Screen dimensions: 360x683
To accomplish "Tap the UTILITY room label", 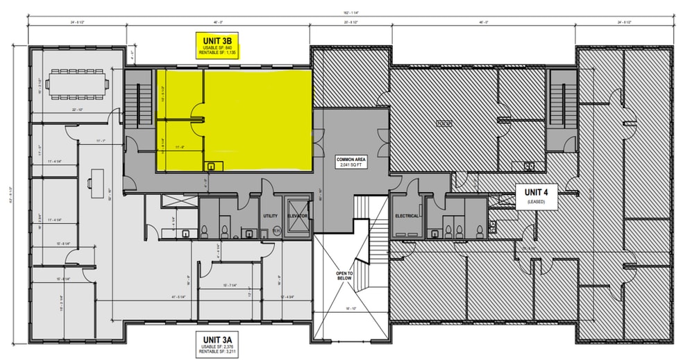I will point(271,216).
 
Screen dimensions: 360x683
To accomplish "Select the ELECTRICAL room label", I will point(407,216).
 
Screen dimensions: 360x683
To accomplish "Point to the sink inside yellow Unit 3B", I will point(212,165).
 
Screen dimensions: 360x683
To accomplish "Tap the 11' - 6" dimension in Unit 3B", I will point(182,147).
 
